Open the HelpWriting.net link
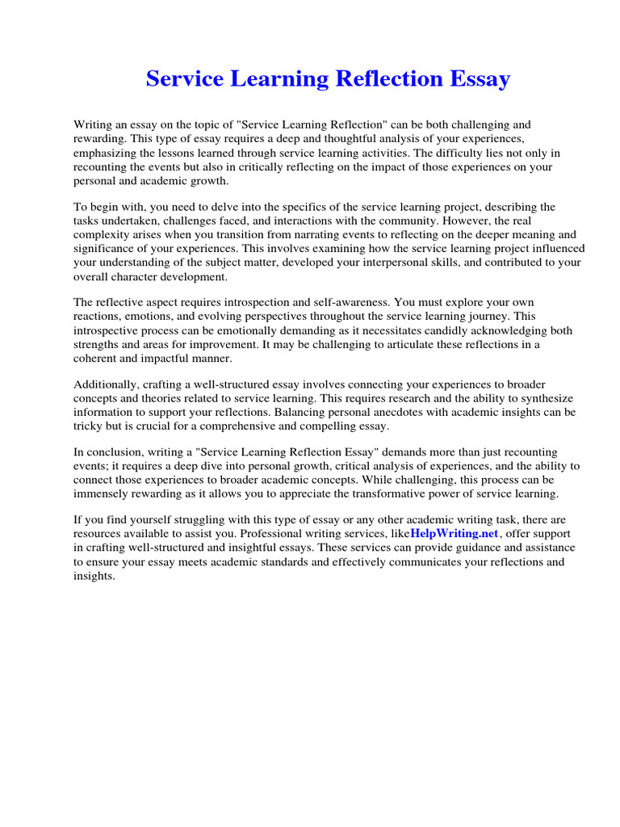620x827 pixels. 455,534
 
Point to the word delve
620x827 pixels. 212,208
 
